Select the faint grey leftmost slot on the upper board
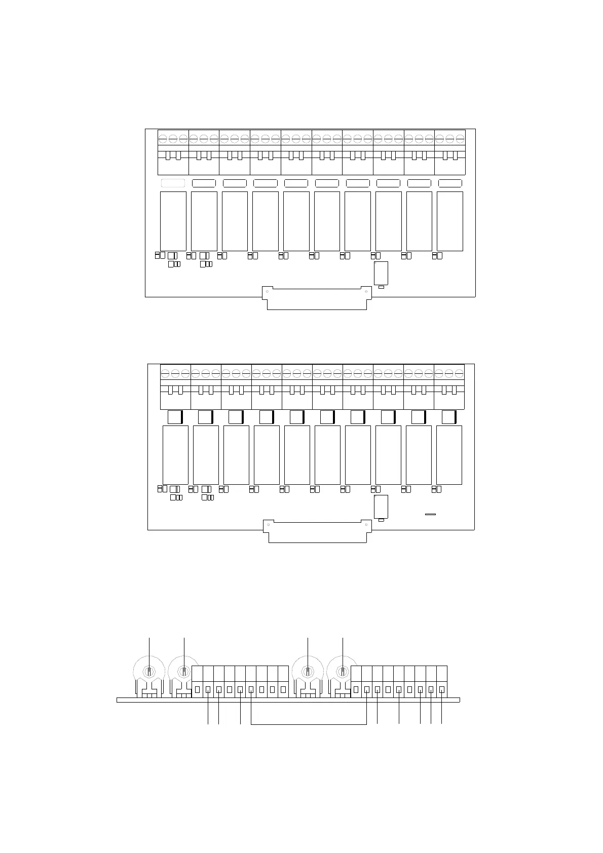pyautogui.click(x=173, y=183)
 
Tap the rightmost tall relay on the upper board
pyautogui.click(x=449, y=221)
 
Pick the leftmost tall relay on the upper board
pyautogui.click(x=173, y=221)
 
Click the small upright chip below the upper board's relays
pyautogui.click(x=381, y=273)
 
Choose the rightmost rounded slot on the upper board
pyautogui.click(x=449, y=183)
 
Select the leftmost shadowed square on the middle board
pyautogui.click(x=175, y=417)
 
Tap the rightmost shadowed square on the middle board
pyautogui.click(x=449, y=417)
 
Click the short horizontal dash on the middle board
pyautogui.click(x=430, y=514)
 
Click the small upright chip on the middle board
pyautogui.click(x=381, y=507)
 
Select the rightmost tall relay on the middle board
pyautogui.click(x=449, y=455)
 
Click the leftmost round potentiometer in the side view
pyautogui.click(x=149, y=671)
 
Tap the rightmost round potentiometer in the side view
pyautogui.click(x=343, y=671)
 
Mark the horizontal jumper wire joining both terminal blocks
pyautogui.click(x=308, y=724)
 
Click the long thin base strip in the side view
pyautogui.click(x=288, y=700)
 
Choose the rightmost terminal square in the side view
pyautogui.click(x=442, y=689)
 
